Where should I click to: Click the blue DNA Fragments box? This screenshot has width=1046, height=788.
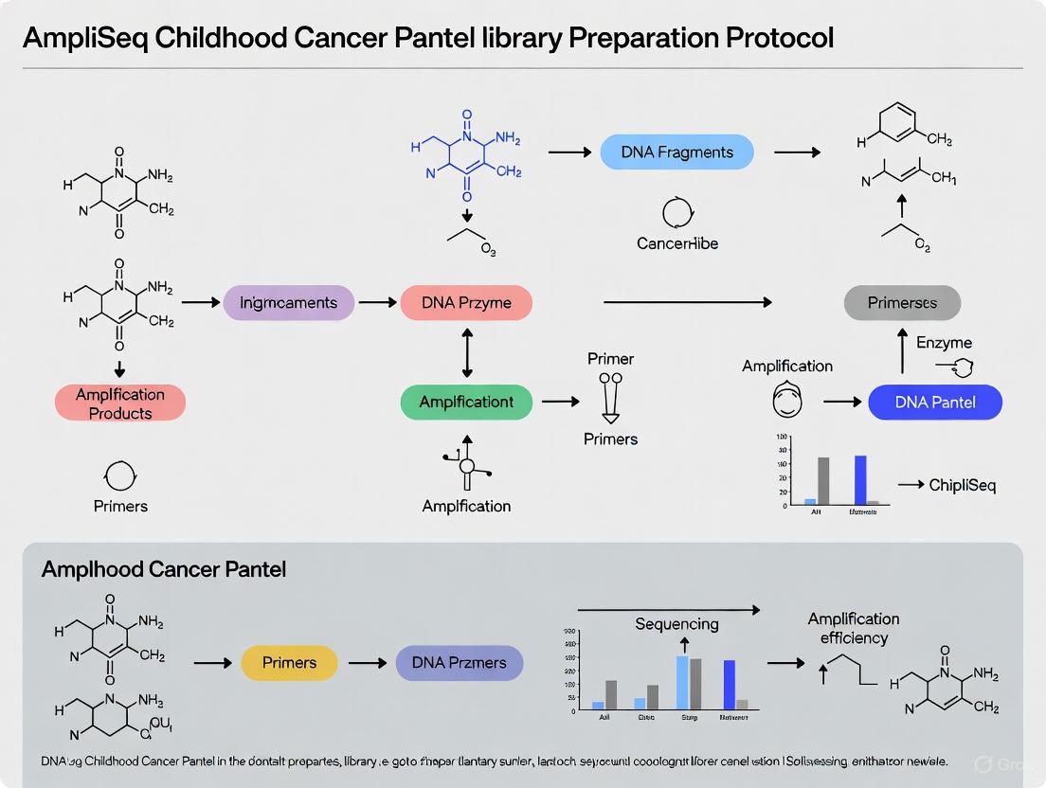tap(677, 152)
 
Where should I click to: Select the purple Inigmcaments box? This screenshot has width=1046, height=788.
tap(288, 303)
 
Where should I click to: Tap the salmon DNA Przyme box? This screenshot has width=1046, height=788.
tap(466, 303)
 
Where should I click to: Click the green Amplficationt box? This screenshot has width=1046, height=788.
tap(466, 402)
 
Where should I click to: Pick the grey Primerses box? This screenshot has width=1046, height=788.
tap(902, 303)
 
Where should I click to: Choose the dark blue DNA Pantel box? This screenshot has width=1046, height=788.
tap(934, 402)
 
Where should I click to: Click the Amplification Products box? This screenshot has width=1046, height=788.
tap(120, 403)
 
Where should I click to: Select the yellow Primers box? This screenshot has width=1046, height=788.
tap(289, 663)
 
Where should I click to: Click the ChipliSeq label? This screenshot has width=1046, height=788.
tap(962, 486)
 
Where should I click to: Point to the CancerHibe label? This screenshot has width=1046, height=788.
tap(677, 243)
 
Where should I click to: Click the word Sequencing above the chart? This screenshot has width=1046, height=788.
tap(676, 624)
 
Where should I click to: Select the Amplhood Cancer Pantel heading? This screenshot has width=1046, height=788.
tap(164, 570)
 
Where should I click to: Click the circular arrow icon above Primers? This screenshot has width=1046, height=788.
tap(120, 474)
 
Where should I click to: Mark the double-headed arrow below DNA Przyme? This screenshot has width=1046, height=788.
tap(466, 352)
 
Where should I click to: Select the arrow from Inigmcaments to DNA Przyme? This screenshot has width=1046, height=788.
tap(377, 303)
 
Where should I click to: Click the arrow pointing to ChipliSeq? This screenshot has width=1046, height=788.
tap(910, 485)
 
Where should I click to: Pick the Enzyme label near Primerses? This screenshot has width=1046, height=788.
tap(944, 343)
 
